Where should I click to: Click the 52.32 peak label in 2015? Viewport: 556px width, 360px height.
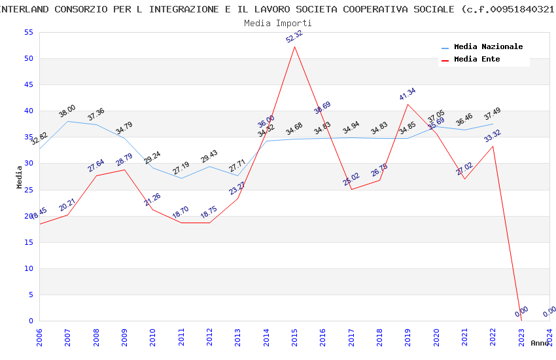[294, 37]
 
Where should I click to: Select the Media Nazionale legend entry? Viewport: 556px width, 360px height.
[488, 47]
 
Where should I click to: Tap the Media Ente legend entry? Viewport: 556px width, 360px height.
[477, 60]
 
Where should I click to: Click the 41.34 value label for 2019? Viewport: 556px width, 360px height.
[408, 94]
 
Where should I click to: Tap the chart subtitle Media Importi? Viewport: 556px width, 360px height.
[278, 23]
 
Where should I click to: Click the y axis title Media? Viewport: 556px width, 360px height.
[20, 177]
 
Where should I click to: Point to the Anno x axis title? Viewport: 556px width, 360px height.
[540, 343]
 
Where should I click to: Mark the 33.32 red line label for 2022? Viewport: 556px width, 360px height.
[493, 137]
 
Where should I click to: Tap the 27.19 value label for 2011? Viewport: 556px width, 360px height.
[181, 169]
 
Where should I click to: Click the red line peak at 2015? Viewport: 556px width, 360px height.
[295, 46]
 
